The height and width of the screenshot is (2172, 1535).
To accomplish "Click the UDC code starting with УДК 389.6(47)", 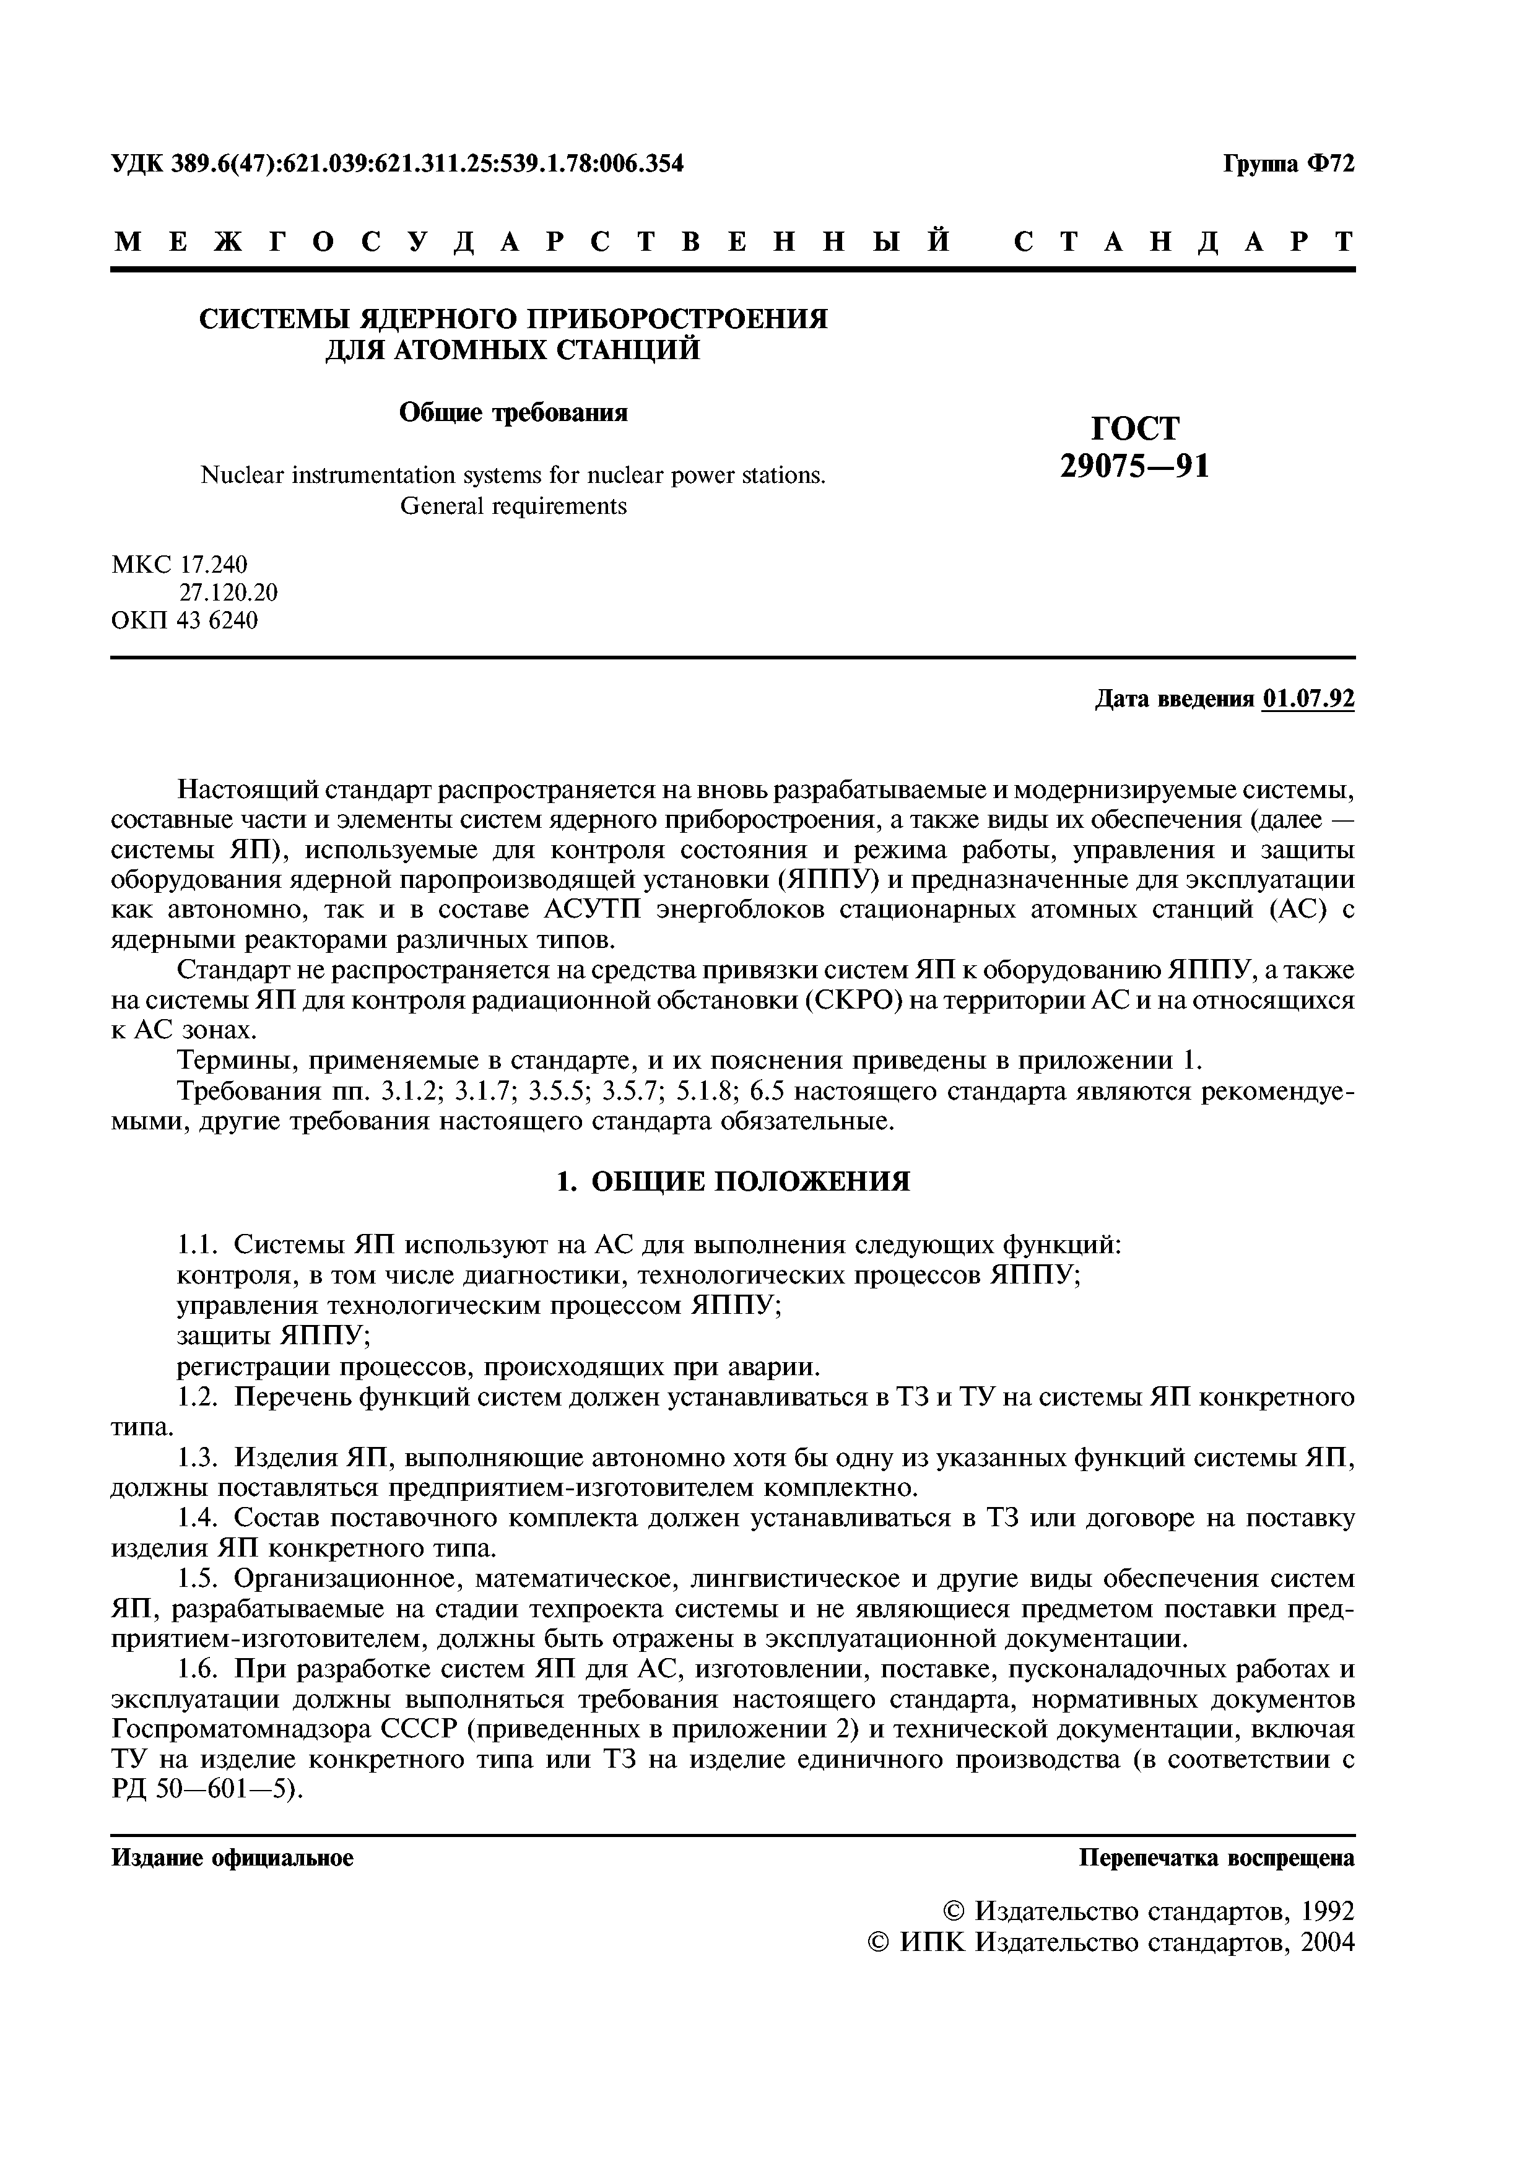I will (x=398, y=165).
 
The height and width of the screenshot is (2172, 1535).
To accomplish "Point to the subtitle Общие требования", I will (x=513, y=414).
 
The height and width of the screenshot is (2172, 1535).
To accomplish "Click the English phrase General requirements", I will (x=513, y=506).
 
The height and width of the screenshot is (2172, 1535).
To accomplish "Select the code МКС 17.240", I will (x=180, y=565).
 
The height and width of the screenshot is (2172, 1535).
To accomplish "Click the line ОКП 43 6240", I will (x=185, y=620).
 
